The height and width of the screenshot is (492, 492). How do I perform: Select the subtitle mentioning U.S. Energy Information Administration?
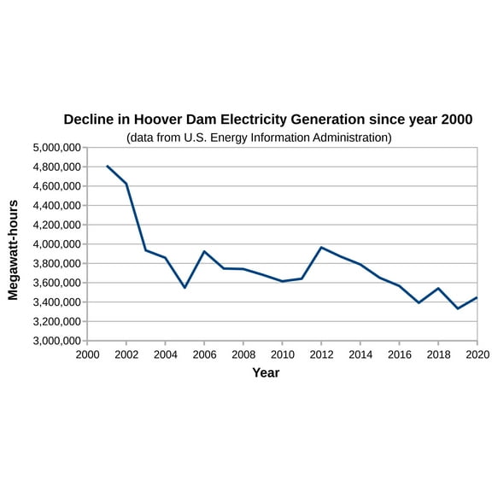click(259, 137)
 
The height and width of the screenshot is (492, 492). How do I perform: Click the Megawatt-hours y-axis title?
click(13, 249)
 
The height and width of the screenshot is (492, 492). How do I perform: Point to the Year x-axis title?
click(266, 372)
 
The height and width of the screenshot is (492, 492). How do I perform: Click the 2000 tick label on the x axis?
click(87, 354)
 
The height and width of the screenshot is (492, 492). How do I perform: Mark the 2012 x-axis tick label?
click(321, 354)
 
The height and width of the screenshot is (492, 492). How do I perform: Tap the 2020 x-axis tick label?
click(477, 354)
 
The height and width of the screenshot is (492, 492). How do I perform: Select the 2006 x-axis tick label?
click(204, 354)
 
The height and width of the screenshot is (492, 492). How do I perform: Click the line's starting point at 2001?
click(107, 166)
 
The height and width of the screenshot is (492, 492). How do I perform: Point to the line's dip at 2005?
click(184, 287)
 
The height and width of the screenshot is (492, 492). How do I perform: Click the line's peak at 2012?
click(321, 247)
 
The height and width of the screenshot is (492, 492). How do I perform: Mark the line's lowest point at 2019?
click(458, 308)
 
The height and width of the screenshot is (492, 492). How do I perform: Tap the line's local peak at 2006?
click(204, 251)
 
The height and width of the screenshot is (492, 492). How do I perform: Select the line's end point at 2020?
click(477, 297)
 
